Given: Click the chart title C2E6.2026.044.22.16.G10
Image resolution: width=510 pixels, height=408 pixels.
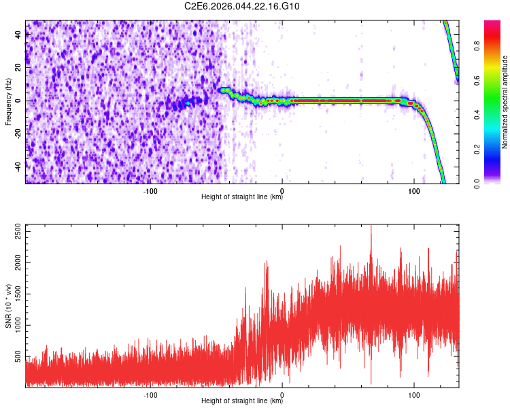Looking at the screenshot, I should (243, 6).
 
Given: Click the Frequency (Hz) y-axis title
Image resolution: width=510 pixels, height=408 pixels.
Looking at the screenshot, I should (9, 101).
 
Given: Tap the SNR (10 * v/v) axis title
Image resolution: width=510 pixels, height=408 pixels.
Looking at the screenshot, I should (9, 307).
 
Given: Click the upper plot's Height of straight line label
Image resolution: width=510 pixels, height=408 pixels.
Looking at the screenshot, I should (242, 197).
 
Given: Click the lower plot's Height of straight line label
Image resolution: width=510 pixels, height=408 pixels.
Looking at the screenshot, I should (242, 401).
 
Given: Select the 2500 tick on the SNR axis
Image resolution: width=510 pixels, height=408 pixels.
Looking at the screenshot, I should (15, 233).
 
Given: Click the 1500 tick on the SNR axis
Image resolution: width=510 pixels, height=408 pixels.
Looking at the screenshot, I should (15, 294).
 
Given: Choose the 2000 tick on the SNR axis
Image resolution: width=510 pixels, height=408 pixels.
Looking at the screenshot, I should (15, 263).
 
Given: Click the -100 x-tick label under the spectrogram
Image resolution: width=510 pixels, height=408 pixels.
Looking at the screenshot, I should (150, 191).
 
